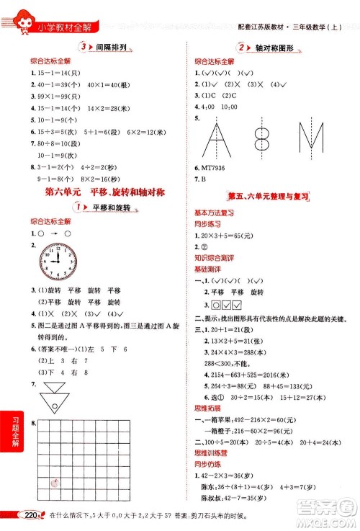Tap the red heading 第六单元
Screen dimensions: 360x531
point(61,192)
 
